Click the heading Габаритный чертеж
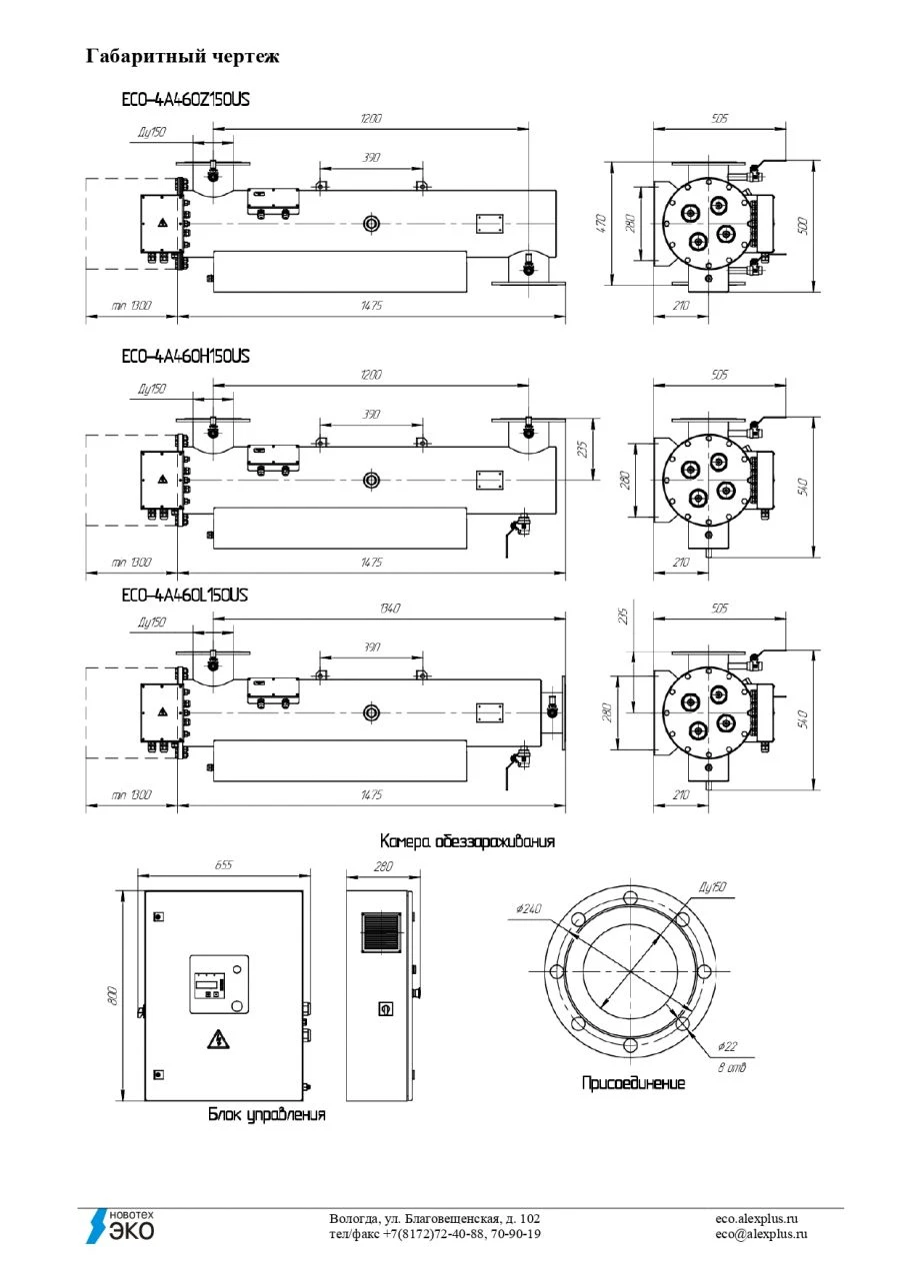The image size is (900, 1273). [183, 56]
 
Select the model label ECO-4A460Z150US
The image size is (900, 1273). [184, 100]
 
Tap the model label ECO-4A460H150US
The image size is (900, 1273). [185, 356]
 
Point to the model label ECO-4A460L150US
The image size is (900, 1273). [184, 596]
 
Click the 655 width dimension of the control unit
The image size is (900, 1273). [223, 866]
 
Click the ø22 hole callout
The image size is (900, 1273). [727, 1047]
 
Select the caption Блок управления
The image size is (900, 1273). [266, 1114]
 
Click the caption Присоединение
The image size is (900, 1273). [634, 1083]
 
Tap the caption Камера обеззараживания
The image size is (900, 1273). [467, 841]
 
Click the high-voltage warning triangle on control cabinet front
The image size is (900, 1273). [216, 1040]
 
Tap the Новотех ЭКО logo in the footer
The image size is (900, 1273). [119, 1225]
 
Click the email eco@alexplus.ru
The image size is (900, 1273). [761, 1234]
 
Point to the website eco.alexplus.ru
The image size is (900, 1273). [757, 1219]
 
